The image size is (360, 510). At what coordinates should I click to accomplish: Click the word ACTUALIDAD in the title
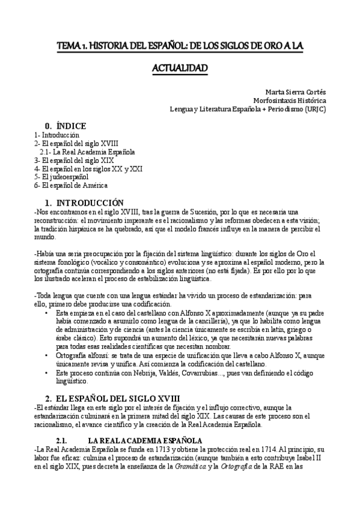point(179,68)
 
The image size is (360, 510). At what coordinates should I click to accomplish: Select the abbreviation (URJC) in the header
point(313,109)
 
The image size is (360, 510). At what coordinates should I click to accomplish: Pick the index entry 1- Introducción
point(57,135)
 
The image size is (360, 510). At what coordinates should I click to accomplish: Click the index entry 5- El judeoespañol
point(61,177)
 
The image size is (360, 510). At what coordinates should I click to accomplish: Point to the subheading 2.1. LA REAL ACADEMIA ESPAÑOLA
point(144,441)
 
